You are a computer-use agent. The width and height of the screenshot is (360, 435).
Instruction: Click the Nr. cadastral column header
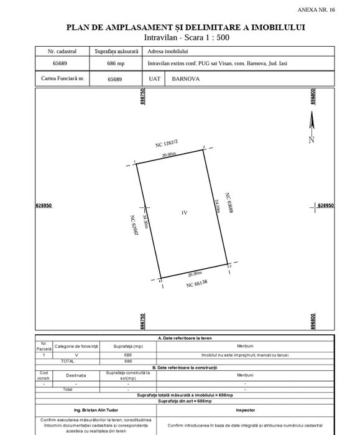(60, 50)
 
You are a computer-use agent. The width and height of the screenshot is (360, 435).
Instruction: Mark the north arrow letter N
(312, 139)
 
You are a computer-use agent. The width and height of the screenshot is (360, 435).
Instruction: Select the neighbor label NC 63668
(228, 203)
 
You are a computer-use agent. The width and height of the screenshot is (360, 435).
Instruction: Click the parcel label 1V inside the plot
(184, 213)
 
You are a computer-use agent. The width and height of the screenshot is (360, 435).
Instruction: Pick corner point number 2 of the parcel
(204, 147)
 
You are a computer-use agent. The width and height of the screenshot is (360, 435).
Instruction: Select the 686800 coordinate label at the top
(313, 99)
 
